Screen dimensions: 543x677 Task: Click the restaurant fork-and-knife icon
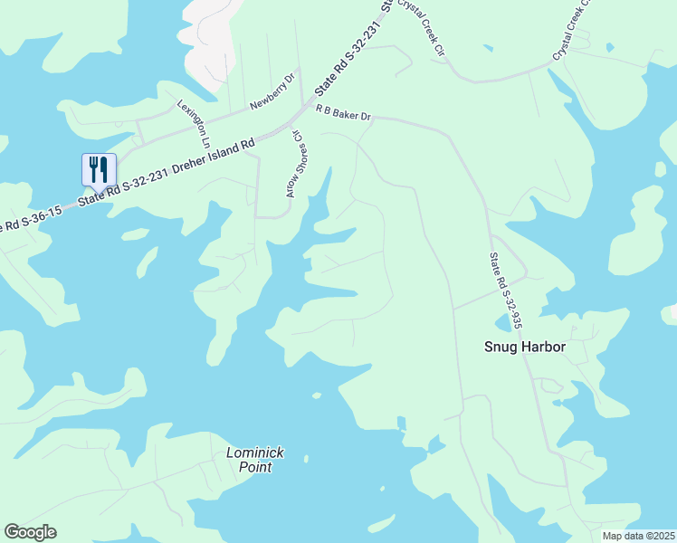(x=99, y=169)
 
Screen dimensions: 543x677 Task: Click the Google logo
(x=30, y=532)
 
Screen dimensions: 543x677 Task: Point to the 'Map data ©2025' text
(x=638, y=536)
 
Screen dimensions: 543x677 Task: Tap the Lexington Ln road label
(x=194, y=124)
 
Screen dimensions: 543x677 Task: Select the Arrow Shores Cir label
(x=293, y=163)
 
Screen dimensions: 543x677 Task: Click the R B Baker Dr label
(x=344, y=111)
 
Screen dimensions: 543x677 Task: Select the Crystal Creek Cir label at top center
(x=426, y=27)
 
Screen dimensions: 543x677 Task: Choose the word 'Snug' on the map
(x=499, y=347)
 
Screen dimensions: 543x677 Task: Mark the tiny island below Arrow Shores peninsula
(x=316, y=395)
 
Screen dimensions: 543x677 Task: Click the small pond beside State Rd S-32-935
(x=502, y=323)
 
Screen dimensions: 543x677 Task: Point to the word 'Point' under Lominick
(x=254, y=467)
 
